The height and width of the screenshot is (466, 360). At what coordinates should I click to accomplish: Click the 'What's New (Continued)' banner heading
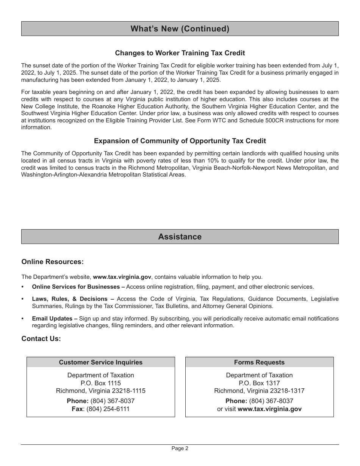(x=180, y=29)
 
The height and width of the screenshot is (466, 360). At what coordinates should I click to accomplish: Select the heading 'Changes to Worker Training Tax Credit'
(x=180, y=53)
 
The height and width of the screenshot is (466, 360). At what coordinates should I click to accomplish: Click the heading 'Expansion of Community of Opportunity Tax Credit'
(x=180, y=141)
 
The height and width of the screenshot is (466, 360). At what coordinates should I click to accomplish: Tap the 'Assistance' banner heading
(x=180, y=237)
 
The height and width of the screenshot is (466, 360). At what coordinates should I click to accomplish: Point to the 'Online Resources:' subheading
(x=52, y=262)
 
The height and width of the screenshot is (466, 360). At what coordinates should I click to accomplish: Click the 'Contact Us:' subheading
(x=41, y=339)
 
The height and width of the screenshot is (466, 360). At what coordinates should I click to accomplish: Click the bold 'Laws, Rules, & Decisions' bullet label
(x=70, y=299)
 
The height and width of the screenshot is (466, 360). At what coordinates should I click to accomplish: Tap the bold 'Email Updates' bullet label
(x=52, y=319)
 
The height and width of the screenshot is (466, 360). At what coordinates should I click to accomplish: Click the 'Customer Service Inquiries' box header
(x=100, y=362)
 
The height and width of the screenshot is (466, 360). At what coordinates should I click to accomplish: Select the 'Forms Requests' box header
(x=259, y=362)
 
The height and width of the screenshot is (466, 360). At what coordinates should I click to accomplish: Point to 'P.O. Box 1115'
(x=100, y=383)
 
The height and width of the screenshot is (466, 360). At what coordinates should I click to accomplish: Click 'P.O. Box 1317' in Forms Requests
(x=259, y=383)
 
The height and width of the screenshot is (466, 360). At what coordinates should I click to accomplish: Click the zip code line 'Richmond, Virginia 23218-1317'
(x=259, y=391)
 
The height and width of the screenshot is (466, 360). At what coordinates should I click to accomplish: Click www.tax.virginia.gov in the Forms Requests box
(x=269, y=409)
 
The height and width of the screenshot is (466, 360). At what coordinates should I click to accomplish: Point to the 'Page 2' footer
(x=180, y=448)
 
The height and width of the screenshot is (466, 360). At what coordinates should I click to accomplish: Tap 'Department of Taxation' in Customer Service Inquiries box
(x=100, y=375)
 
